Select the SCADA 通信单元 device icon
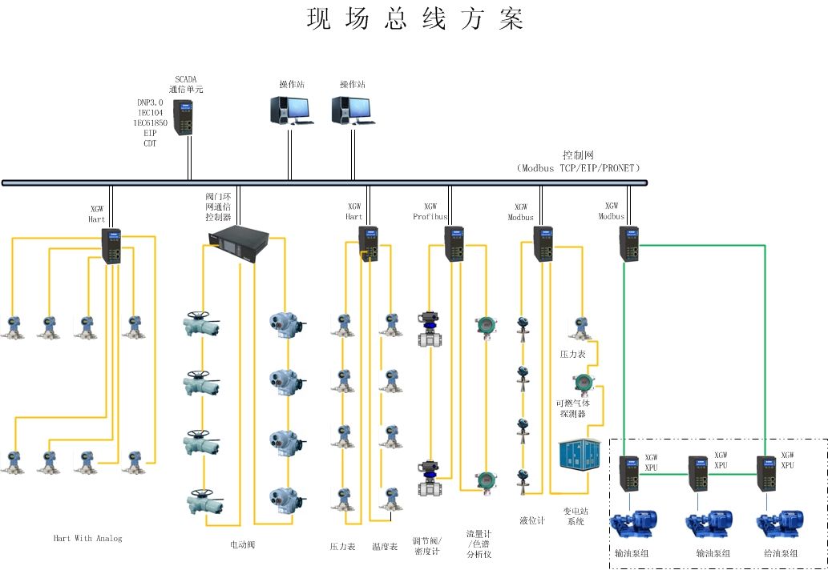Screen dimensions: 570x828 (184, 117)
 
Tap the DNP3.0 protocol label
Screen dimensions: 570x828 (150, 102)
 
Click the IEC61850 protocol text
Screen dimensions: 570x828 (150, 123)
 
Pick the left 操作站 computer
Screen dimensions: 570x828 (290, 110)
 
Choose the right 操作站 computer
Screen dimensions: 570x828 (351, 110)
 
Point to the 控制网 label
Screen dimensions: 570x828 (578, 155)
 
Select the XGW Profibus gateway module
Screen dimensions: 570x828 (454, 244)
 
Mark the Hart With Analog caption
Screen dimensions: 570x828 (87, 539)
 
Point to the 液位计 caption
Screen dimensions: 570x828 (532, 520)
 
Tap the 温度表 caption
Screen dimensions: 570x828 (384, 547)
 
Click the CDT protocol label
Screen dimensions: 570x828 (150, 144)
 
